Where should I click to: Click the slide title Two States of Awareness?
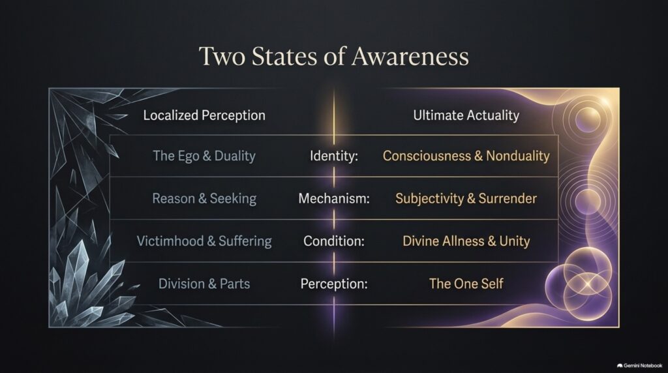click(333, 56)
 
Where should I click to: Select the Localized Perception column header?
click(204, 115)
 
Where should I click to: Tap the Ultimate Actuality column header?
click(466, 115)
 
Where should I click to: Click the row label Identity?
click(334, 156)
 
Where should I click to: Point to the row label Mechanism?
click(334, 198)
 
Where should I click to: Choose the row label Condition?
click(334, 241)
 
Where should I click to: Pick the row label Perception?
click(334, 284)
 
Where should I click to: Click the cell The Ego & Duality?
click(204, 156)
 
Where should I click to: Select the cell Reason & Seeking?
click(204, 198)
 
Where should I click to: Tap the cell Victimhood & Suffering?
click(204, 241)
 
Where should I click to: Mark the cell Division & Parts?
click(204, 284)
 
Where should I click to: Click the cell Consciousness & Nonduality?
click(466, 156)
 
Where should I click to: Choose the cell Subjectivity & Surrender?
click(466, 198)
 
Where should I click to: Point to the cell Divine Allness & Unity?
click(466, 241)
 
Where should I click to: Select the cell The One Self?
click(466, 284)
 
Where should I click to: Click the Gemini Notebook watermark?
click(639, 365)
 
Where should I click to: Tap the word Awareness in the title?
click(410, 56)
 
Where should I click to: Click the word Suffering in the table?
click(245, 241)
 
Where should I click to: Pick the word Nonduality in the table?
click(517, 156)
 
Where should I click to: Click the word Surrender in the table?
click(508, 198)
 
